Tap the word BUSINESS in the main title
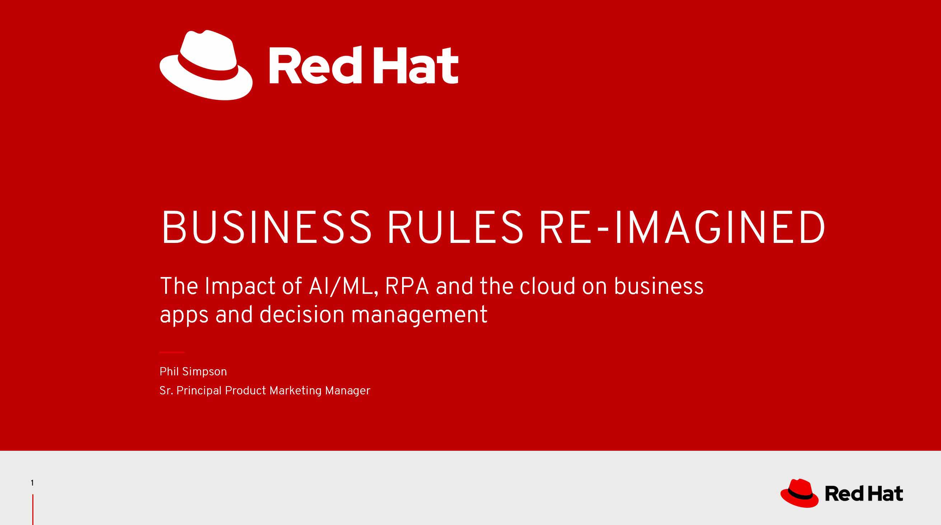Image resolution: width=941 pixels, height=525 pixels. pos(267,227)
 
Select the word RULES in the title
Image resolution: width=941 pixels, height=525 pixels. pos(456,227)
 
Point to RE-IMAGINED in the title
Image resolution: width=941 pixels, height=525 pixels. pos(682,227)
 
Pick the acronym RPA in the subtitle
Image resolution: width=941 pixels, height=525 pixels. pos(407,286)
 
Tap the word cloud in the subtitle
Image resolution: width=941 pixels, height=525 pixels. pos(548,286)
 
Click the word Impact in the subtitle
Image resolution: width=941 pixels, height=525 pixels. pos(239,287)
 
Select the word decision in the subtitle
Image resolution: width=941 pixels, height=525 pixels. pos(302,315)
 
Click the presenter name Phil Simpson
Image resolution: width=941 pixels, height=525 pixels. pos(193,372)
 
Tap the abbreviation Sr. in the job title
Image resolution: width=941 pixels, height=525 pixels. pos(166,391)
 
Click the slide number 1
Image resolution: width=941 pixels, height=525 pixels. pos(32,483)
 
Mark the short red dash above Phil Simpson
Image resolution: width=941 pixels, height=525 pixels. pos(172,352)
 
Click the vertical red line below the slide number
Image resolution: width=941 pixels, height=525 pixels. pos(33,510)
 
